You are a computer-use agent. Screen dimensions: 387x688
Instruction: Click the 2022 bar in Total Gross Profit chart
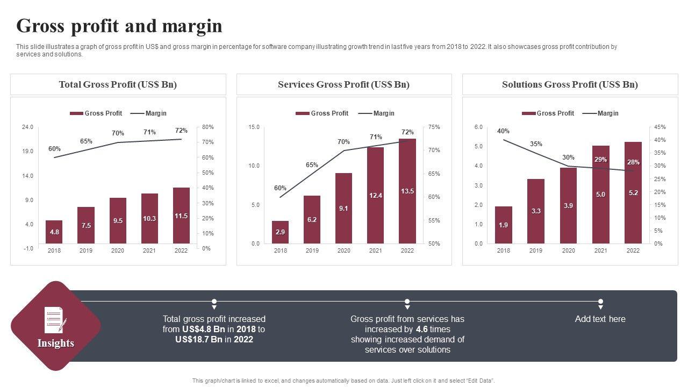(181, 216)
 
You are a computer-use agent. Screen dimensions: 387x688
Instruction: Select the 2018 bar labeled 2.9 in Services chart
(280, 232)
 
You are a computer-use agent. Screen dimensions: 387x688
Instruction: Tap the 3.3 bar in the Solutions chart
(535, 211)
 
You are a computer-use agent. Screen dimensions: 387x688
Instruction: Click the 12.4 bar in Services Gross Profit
(376, 195)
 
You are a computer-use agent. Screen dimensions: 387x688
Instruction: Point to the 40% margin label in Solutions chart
(503, 131)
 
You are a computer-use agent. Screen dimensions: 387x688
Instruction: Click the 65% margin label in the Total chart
(86, 141)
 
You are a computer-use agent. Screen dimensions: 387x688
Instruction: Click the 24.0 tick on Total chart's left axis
(27, 127)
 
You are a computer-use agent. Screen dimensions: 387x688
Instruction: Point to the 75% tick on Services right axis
(434, 127)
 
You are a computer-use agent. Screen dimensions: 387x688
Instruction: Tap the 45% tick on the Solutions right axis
(660, 127)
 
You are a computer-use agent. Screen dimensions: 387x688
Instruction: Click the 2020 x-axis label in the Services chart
(343, 251)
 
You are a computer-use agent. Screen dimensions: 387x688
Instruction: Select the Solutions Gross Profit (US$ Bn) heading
(570, 84)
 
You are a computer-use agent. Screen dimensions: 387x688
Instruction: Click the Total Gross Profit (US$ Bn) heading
(118, 84)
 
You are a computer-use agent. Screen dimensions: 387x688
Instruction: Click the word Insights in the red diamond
(55, 343)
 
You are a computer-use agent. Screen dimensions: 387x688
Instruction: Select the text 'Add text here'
(600, 319)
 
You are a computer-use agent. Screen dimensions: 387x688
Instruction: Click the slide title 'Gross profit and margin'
(119, 26)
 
